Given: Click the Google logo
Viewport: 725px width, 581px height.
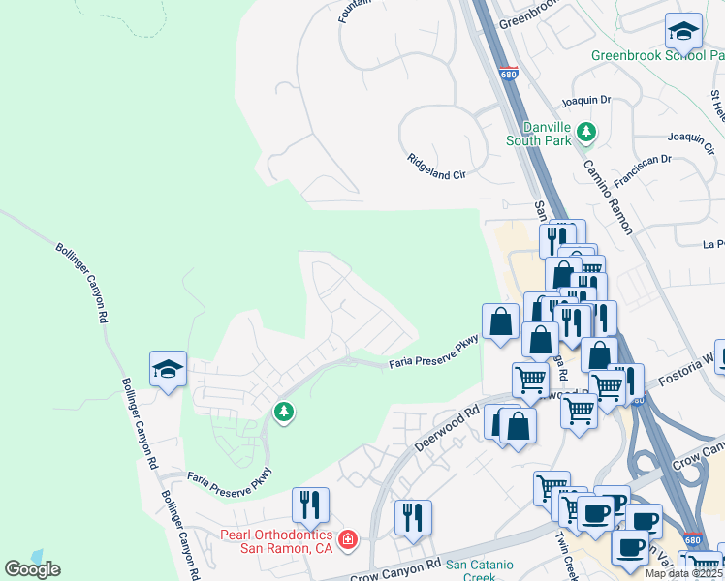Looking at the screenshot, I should [x=32, y=569].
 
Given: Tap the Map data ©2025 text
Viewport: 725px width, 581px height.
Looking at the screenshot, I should [x=684, y=573].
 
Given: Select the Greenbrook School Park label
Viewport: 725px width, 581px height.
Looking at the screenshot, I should [x=657, y=55].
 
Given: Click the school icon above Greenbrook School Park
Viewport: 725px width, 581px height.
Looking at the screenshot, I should [x=683, y=31].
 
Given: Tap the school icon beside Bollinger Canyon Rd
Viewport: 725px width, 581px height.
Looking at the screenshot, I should [x=168, y=369].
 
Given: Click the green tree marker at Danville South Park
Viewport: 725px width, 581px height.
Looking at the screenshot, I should [x=585, y=131].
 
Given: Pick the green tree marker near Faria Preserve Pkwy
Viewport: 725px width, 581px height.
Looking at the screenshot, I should [x=284, y=413].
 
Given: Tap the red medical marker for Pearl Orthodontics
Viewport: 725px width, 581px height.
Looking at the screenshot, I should [x=347, y=538].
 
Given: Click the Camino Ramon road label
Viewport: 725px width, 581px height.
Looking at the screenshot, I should [x=608, y=196].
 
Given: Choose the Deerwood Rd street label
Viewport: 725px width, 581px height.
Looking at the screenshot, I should [x=448, y=427].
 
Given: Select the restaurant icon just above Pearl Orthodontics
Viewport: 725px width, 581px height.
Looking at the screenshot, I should [x=310, y=504].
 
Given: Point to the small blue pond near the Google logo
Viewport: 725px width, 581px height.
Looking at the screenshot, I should [x=36, y=556].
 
